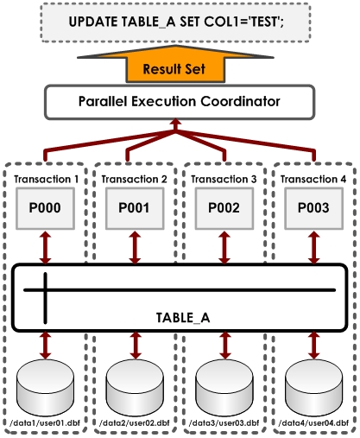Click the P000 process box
point(45,208)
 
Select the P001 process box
point(135,208)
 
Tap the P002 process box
point(224,208)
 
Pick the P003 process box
point(313,208)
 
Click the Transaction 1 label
point(46,179)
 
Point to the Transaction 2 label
point(134,179)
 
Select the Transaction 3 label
point(224,179)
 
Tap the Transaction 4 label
point(313,179)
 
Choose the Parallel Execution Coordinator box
point(180,102)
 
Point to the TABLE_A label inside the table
point(183,318)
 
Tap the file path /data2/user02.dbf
point(134,422)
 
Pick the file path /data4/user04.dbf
point(313,422)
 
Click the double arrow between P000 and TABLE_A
point(46,248)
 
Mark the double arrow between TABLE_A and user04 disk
point(313,346)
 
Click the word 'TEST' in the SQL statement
point(265,22)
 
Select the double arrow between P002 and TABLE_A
point(224,248)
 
